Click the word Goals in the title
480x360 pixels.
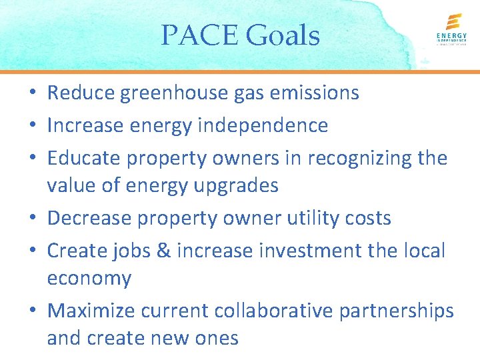283,35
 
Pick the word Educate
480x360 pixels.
83,158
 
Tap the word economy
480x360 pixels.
89,279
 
